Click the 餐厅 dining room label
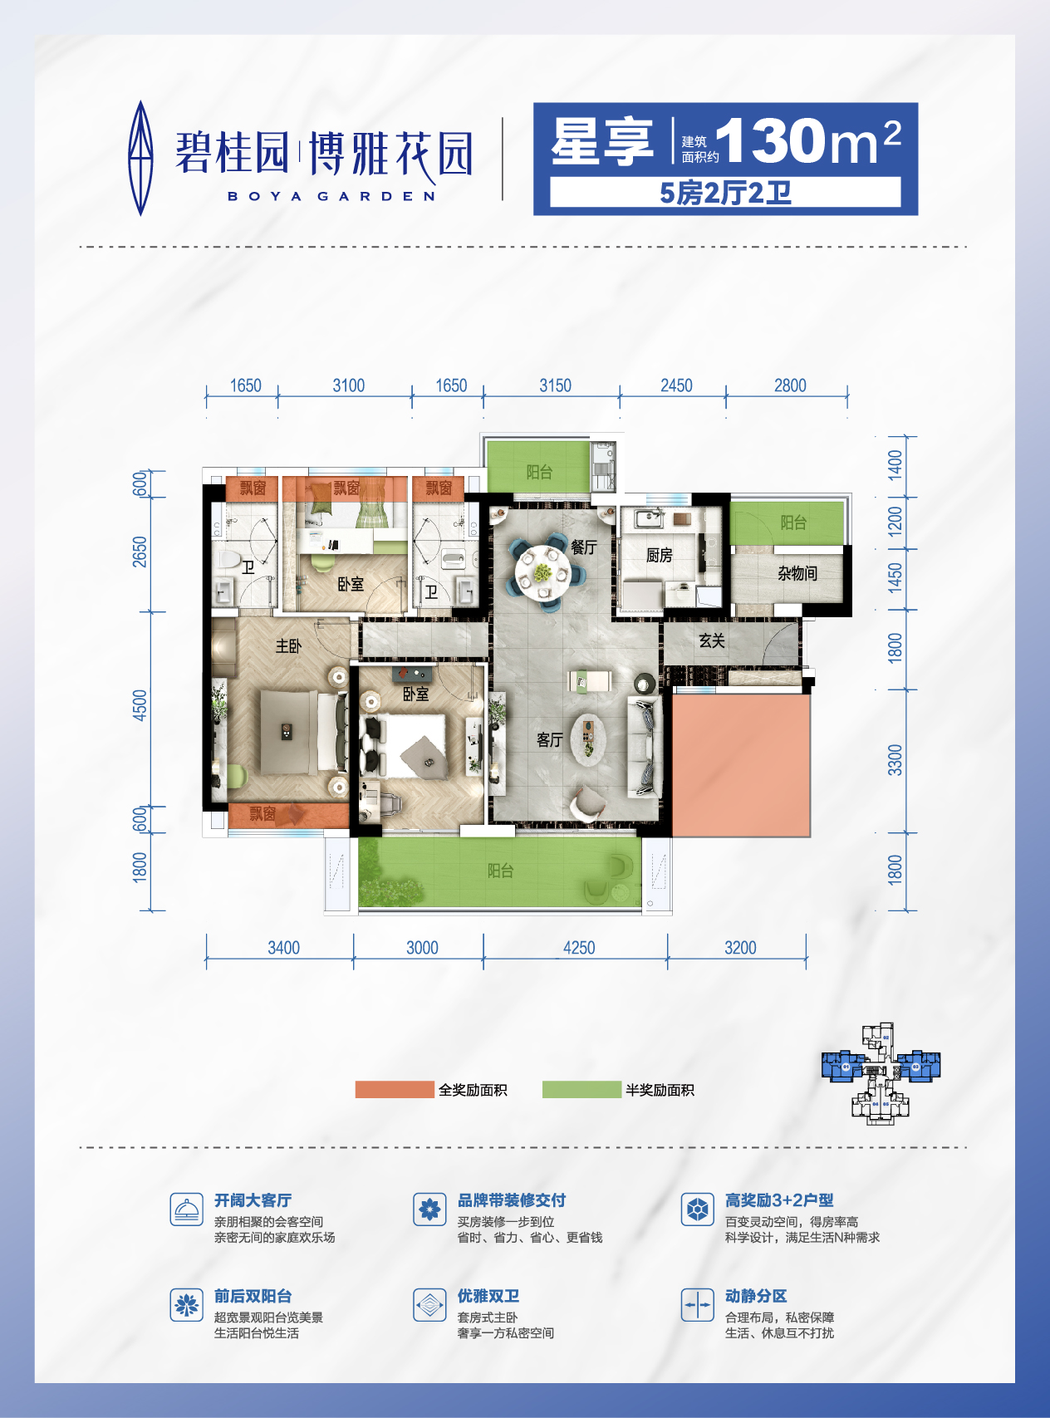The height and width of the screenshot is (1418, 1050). [584, 547]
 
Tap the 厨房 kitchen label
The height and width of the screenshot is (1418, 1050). [660, 555]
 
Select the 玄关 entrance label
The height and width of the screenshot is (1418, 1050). [712, 640]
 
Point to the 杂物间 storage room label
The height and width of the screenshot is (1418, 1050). [797, 573]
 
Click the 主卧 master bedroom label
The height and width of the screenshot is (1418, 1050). [288, 645]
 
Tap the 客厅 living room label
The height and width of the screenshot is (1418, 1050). [550, 739]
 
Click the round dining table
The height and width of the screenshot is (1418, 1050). [542, 572]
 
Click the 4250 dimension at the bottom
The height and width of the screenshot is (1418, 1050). [579, 948]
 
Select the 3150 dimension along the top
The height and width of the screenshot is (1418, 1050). [555, 385]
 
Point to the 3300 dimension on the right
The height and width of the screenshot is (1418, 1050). [895, 760]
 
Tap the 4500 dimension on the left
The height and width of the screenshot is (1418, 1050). [140, 705]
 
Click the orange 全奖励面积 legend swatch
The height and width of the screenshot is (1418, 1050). [395, 1090]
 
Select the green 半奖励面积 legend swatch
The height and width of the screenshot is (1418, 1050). [581, 1090]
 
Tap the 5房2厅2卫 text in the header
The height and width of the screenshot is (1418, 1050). [725, 193]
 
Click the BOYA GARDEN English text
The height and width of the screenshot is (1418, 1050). [331, 197]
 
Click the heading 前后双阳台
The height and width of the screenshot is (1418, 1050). [253, 1296]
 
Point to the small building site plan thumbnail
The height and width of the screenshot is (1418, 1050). [881, 1073]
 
